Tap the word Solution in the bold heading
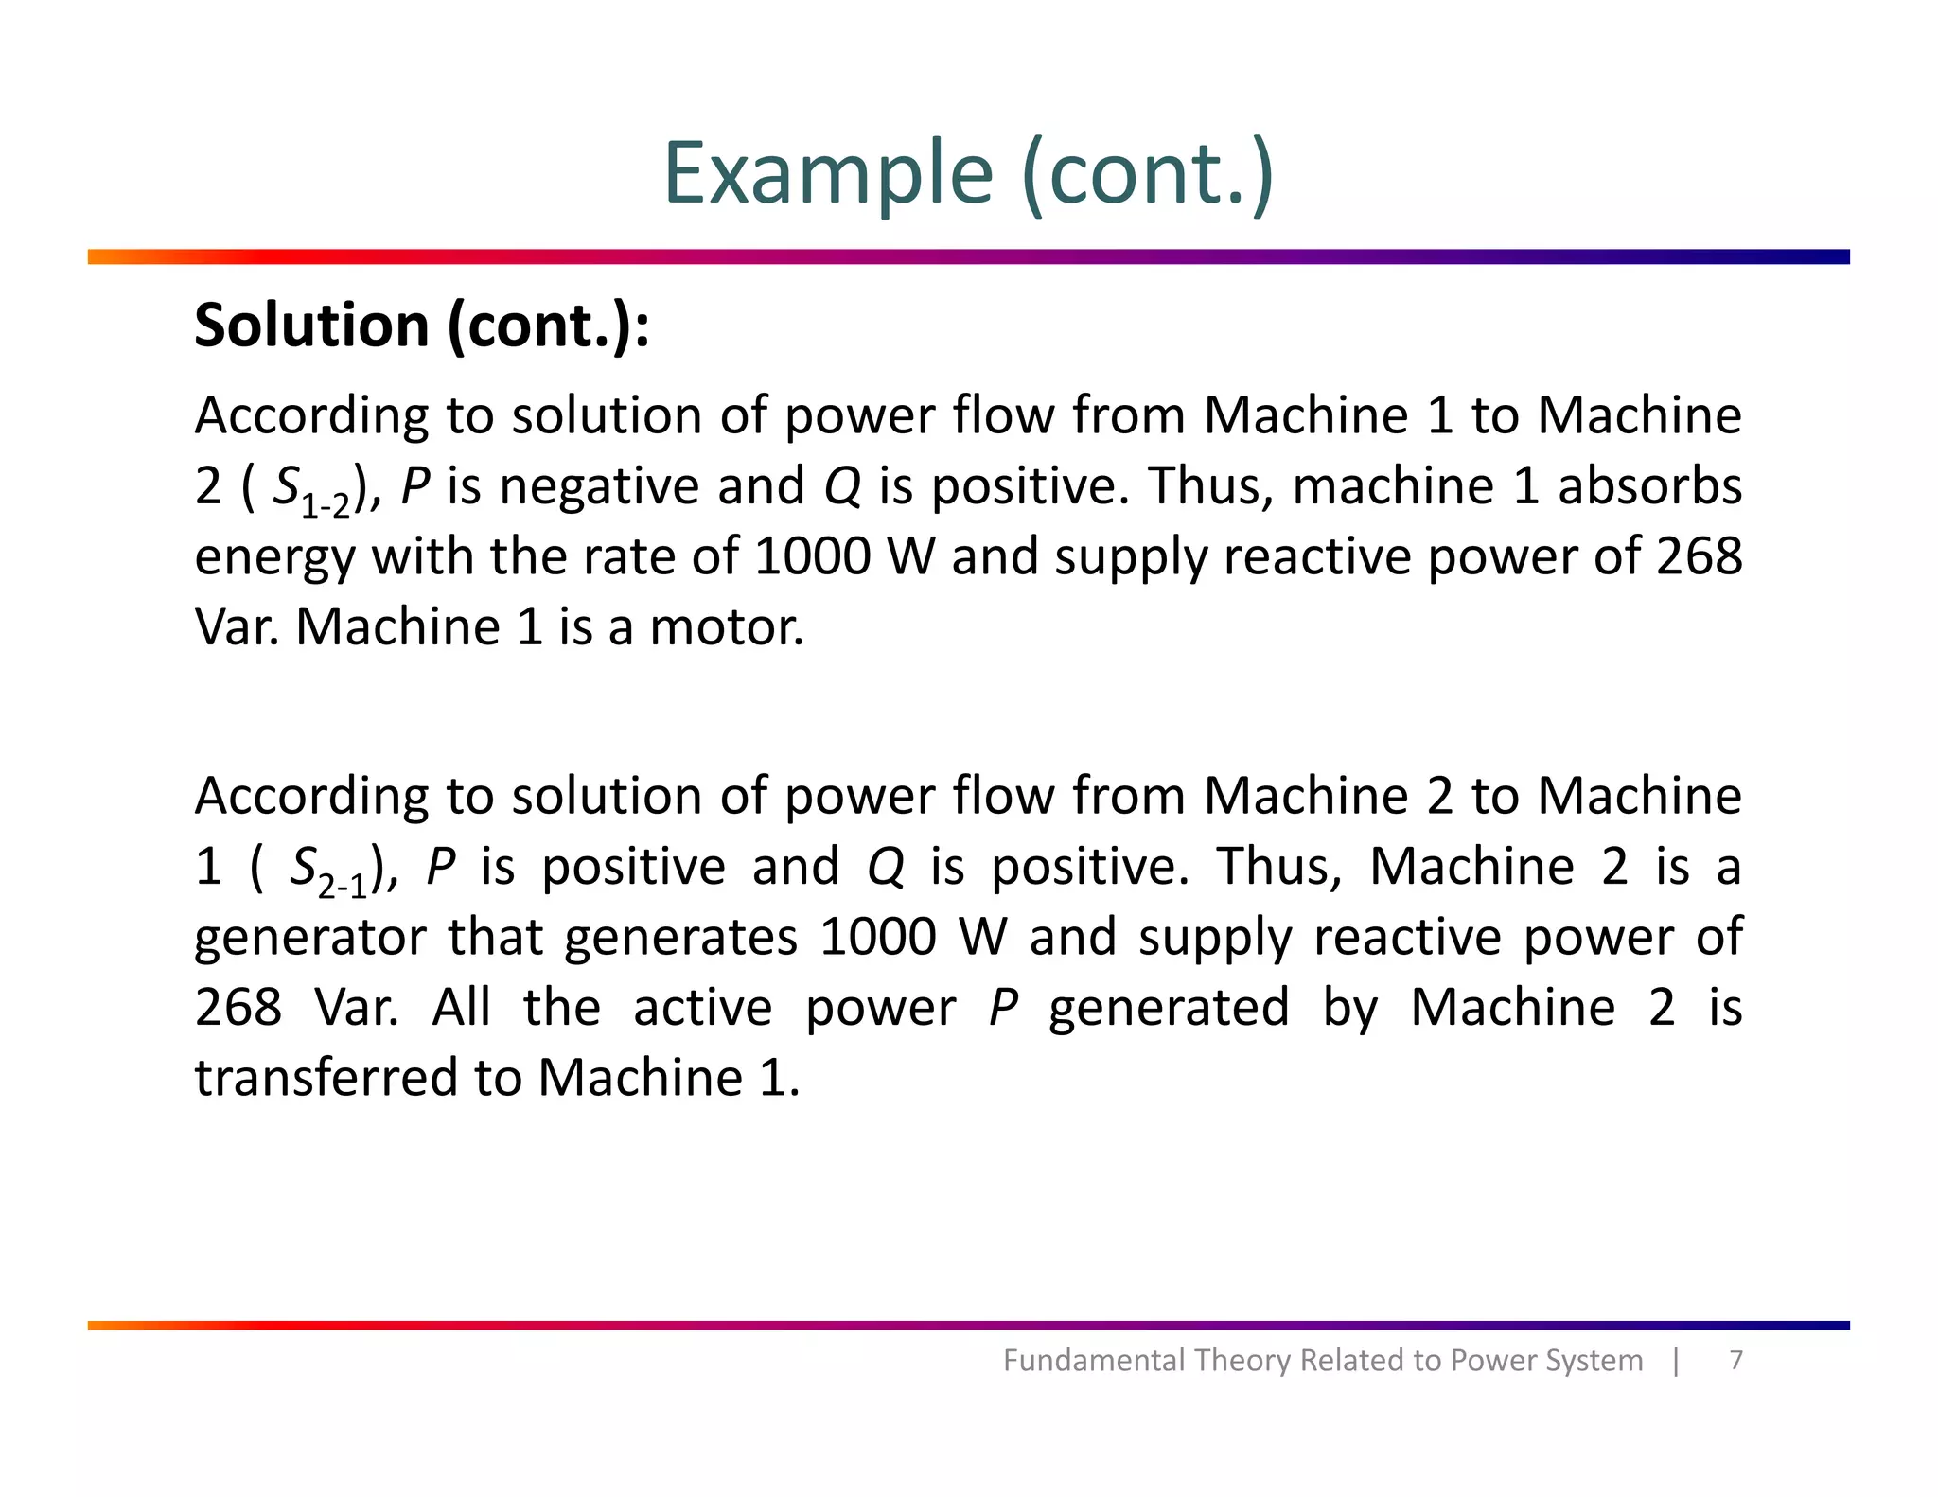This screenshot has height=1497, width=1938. click(x=312, y=326)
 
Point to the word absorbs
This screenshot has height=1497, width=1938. click(x=1649, y=486)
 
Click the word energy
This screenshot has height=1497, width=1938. click(x=274, y=558)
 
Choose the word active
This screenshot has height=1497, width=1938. click(x=702, y=1008)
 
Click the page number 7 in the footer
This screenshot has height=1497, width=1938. click(x=1735, y=1360)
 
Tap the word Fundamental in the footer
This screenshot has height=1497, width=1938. click(x=1093, y=1361)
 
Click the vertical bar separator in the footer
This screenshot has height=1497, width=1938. click(x=1676, y=1361)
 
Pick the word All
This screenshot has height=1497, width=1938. click(x=461, y=1008)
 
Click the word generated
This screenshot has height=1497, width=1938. click(x=1169, y=1009)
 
